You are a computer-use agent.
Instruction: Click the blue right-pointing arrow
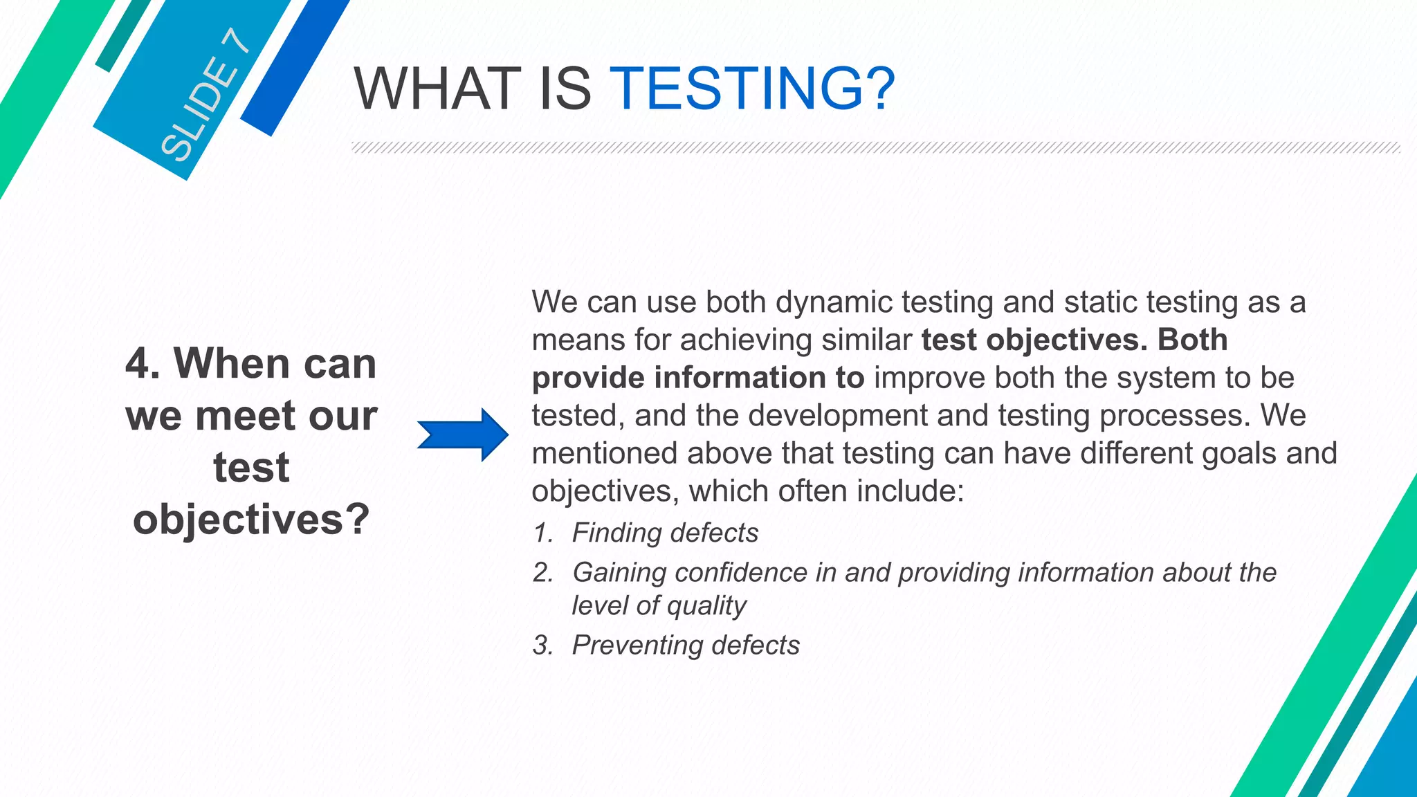tap(463, 434)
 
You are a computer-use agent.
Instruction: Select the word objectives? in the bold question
tap(251, 519)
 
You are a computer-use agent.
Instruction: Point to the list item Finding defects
tap(664, 533)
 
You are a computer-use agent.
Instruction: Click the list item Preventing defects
tap(685, 645)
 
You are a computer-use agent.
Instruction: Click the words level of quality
tap(659, 605)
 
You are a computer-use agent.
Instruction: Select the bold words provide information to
tap(697, 378)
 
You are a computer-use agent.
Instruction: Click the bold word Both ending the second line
tap(1193, 340)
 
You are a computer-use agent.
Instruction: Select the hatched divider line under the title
tap(875, 147)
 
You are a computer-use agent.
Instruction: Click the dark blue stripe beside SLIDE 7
tap(294, 66)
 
